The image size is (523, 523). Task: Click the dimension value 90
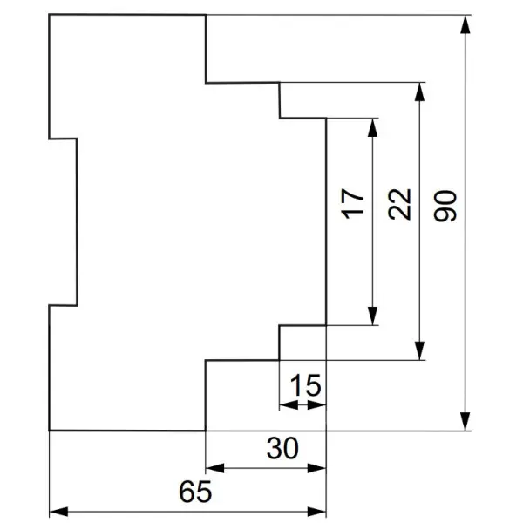click(x=445, y=206)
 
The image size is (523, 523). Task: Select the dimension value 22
click(x=399, y=204)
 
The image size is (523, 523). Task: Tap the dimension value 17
click(x=353, y=204)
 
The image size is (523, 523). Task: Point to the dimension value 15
click(x=306, y=385)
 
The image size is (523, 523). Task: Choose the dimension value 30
click(x=282, y=448)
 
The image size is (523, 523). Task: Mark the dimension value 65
click(x=195, y=492)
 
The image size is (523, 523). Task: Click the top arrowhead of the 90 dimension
click(x=465, y=24)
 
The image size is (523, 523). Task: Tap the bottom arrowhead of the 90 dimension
click(x=465, y=422)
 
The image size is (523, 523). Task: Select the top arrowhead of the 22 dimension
click(x=419, y=92)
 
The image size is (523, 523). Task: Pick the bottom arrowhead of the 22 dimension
click(x=419, y=351)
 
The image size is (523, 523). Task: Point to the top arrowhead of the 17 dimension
click(x=372, y=127)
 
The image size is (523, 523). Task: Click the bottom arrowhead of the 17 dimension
click(x=372, y=316)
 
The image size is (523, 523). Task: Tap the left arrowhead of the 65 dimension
click(x=58, y=512)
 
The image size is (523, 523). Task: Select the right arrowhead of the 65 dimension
click(x=316, y=512)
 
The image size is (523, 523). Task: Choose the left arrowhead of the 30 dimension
click(x=215, y=468)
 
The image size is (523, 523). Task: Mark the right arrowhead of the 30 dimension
click(x=316, y=468)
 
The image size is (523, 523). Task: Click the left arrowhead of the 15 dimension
click(x=289, y=405)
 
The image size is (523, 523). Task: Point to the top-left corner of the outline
click(x=50, y=15)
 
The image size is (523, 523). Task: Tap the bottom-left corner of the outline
click(x=50, y=431)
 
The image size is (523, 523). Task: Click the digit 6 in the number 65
click(x=187, y=492)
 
